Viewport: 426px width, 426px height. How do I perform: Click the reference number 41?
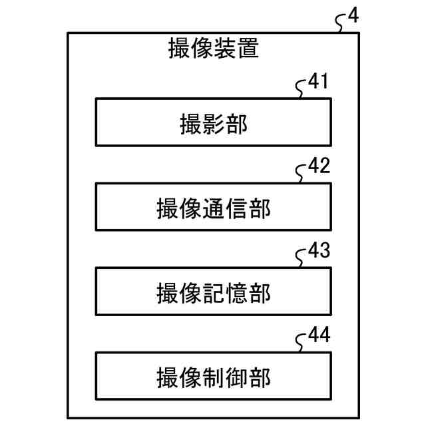point(319,82)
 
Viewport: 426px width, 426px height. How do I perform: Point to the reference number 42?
point(319,166)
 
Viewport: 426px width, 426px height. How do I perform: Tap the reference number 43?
point(319,252)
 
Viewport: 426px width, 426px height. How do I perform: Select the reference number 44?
point(319,336)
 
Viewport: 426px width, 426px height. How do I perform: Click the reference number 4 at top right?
point(353,15)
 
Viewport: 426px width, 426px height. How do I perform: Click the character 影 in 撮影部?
point(213,123)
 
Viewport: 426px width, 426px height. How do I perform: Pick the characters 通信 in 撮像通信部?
point(225,208)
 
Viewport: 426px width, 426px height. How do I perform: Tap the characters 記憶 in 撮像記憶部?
point(225,293)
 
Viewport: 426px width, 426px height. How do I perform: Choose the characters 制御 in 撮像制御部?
point(225,377)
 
